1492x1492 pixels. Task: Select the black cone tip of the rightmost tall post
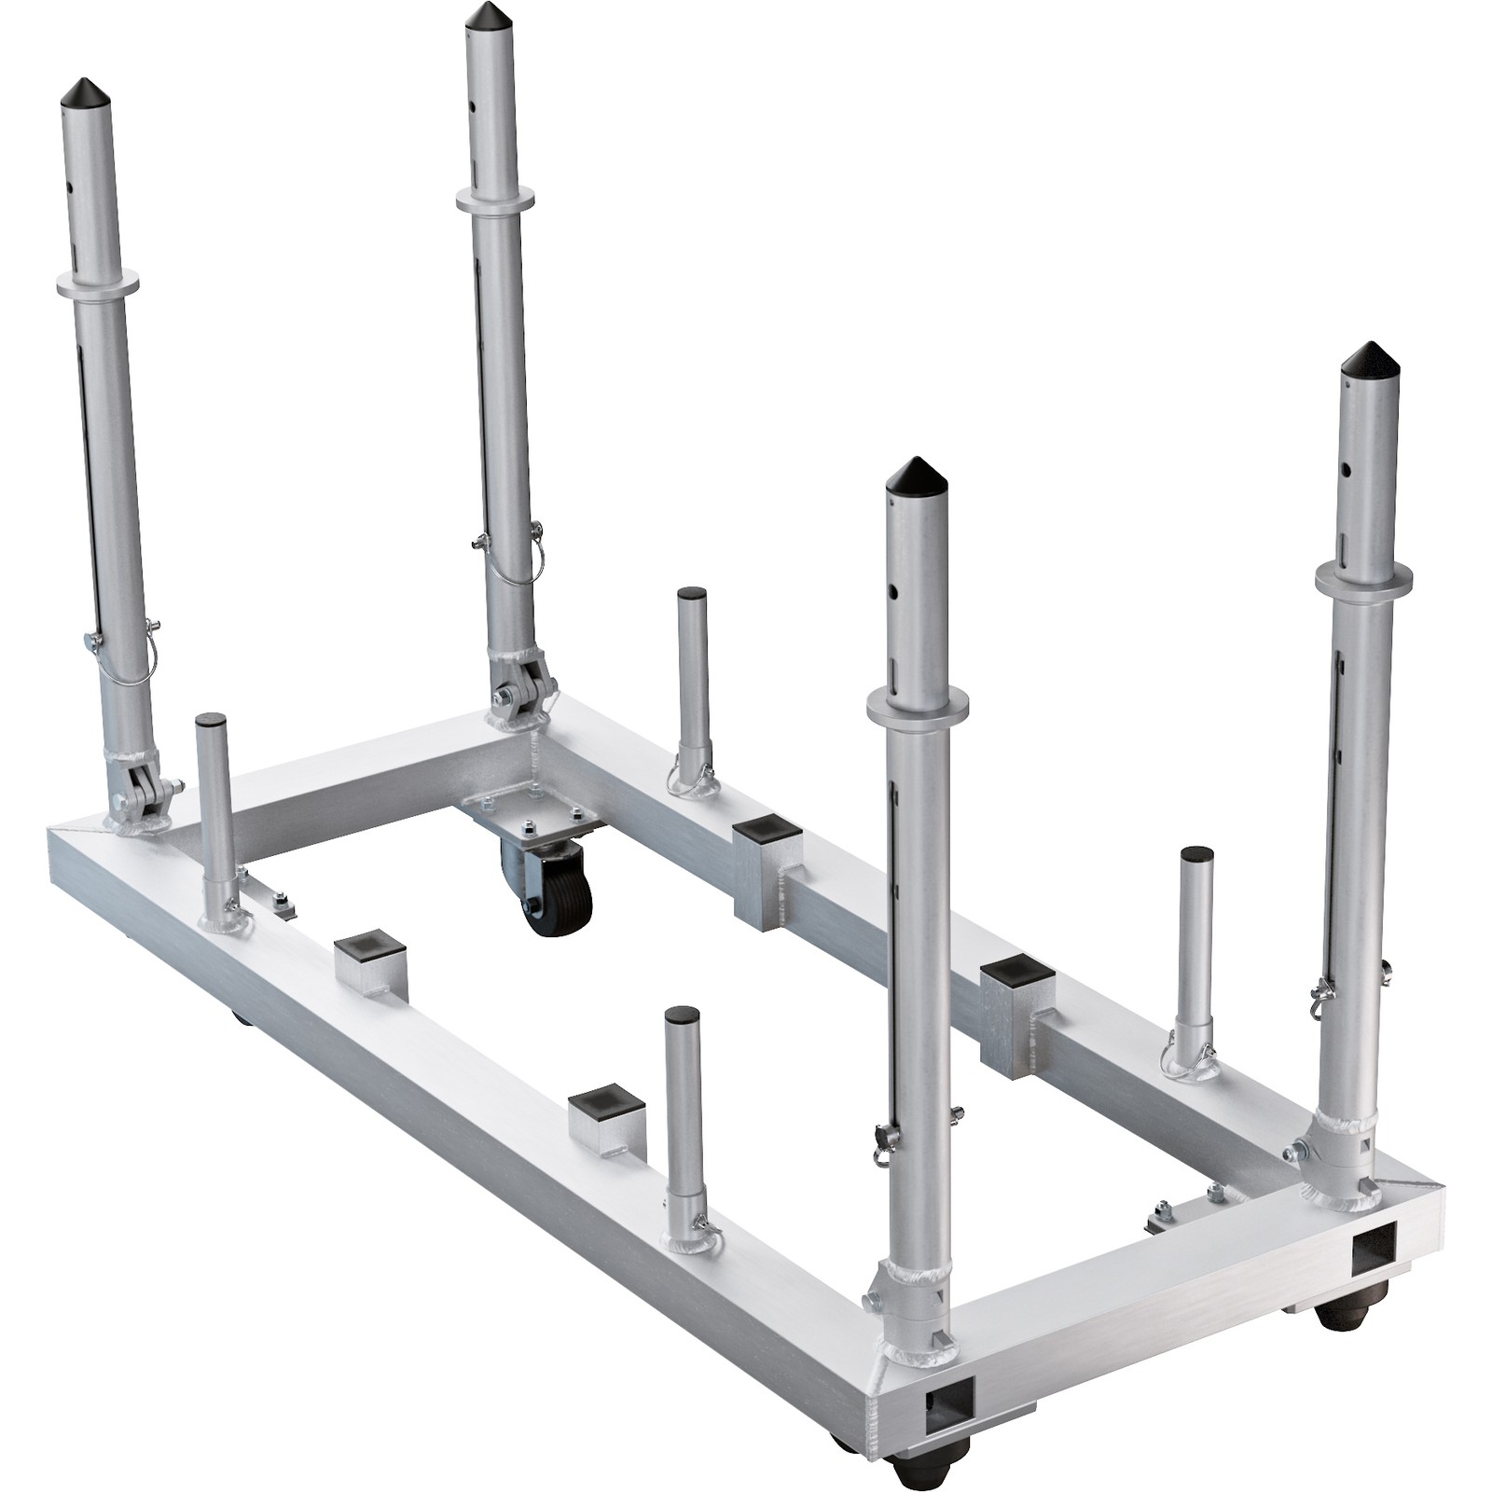tap(1369, 358)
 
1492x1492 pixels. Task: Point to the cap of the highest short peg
tap(692, 593)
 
